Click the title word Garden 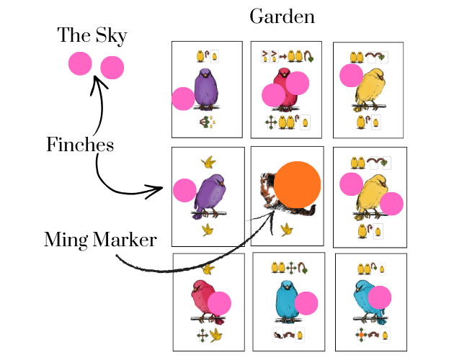[282, 16]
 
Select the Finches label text [80, 145]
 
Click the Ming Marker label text [100, 240]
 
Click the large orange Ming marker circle [298, 185]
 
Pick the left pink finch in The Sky [80, 63]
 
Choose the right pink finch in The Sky [112, 68]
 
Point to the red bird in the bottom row [204, 302]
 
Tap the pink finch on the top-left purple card [183, 98]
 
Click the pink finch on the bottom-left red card [219, 303]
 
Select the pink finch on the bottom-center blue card [306, 303]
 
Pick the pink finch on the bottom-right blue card [379, 297]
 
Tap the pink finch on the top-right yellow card [351, 76]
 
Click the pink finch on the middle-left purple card [184, 190]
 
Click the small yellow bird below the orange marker [286, 229]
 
